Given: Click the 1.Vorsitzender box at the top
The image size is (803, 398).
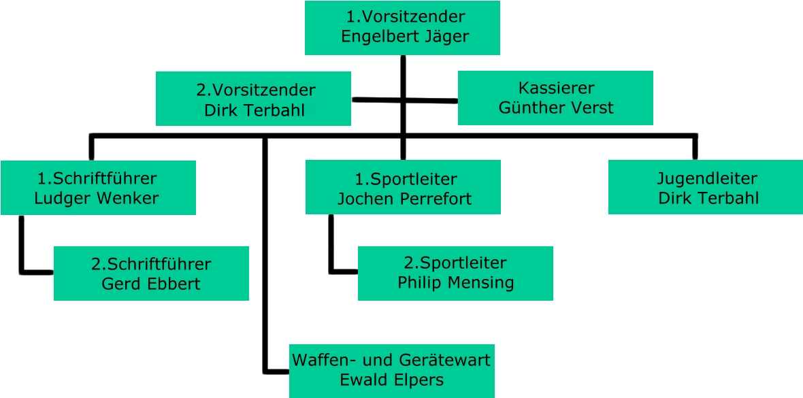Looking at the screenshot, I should [x=402, y=27].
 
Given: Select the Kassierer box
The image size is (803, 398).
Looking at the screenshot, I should [x=555, y=98].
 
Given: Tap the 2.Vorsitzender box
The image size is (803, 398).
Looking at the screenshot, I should [x=253, y=99].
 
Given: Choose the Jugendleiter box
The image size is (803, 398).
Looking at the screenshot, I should [x=706, y=187].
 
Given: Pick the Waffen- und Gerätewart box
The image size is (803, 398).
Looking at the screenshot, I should [x=391, y=371].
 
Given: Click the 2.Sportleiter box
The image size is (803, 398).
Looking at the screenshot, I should [x=455, y=273].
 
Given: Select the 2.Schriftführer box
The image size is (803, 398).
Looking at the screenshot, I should [x=151, y=273].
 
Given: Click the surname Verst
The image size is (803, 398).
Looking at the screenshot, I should [x=593, y=107].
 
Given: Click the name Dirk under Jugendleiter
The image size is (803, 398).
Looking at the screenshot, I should [x=674, y=199].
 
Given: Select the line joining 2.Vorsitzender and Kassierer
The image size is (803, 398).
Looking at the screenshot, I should [x=404, y=101].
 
